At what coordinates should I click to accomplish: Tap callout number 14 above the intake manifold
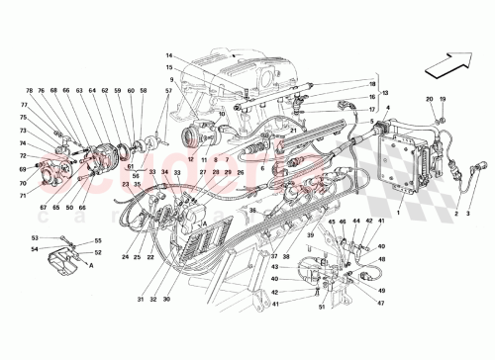click(x=169, y=55)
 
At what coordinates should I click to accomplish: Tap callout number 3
click(x=469, y=213)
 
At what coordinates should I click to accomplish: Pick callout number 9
click(x=170, y=80)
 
